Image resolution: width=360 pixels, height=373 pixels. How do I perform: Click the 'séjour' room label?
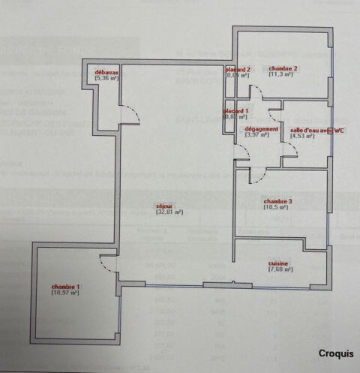164,206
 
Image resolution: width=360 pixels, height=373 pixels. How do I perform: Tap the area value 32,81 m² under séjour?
169,212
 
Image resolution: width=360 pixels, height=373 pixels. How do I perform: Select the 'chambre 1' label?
65,287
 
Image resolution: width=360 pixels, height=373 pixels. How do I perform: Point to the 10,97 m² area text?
65,293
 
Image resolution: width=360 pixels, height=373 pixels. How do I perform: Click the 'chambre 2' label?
283,68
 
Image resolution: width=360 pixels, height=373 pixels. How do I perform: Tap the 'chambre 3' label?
277,200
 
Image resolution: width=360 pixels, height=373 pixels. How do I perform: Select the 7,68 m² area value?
280,269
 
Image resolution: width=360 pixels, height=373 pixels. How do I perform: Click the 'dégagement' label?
262,129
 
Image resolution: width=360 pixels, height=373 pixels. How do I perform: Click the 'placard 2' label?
238,69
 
